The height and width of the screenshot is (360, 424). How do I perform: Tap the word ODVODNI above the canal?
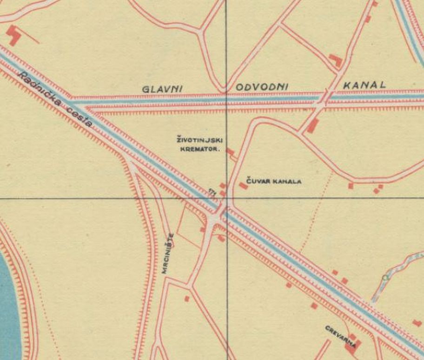262,87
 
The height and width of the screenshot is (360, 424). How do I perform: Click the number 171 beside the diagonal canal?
213,191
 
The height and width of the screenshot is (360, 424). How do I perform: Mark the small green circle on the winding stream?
384,278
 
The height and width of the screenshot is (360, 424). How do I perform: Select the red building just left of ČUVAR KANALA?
243,186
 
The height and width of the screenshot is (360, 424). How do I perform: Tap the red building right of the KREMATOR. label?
230,152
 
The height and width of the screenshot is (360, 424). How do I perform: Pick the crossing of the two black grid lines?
226,198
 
